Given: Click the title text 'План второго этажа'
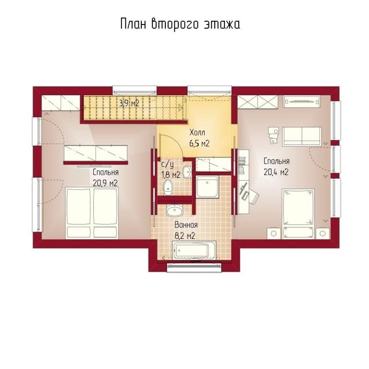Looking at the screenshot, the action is coord(180,24).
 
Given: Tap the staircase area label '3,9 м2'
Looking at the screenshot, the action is coord(129,103).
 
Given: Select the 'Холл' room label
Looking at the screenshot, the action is coord(197,133).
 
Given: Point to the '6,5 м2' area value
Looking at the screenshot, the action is coord(199,143).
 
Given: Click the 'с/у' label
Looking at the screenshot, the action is coord(168,164).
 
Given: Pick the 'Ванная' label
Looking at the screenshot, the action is coord(186,225).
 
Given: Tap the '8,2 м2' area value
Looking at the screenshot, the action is coord(184,235).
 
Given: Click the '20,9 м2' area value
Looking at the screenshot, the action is coord(105,183).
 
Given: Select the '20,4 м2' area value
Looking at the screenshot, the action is coord(276,172).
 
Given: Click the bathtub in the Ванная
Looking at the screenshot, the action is coord(194,250).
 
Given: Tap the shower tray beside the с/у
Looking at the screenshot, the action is coord(207,186).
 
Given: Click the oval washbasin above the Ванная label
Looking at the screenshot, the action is coord(174,210).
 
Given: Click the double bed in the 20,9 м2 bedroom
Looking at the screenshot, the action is coord(92,213).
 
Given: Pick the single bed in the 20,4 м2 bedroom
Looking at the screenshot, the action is coord(298,214).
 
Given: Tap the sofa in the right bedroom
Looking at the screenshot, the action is coord(302,136).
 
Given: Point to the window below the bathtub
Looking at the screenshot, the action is coord(195,268).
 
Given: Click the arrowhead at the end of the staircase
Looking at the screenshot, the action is coord(181,108).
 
